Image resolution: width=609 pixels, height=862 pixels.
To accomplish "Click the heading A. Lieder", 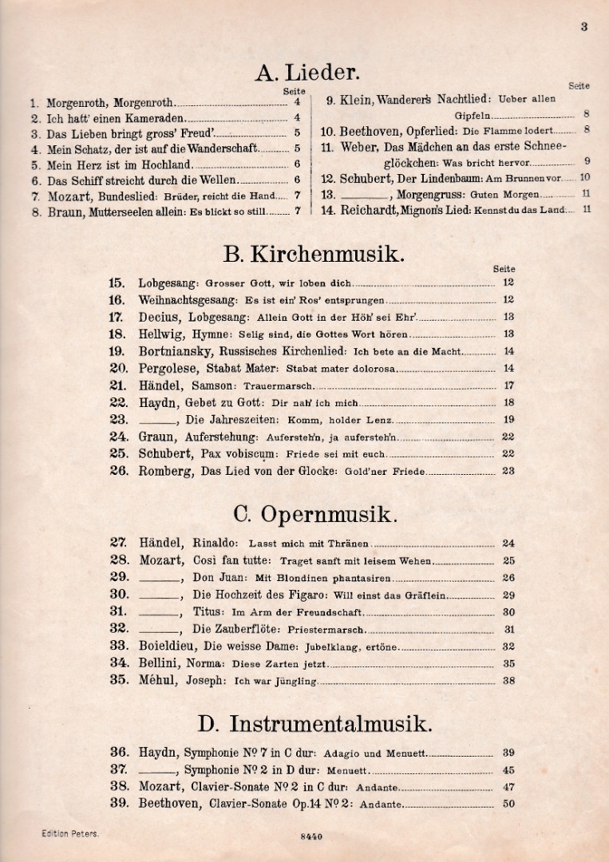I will click(x=307, y=73).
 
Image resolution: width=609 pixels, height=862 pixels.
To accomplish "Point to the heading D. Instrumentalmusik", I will click(x=314, y=723).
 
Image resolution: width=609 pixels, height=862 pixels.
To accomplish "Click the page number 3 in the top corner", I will click(x=583, y=26).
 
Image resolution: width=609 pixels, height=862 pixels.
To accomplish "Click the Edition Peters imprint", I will click(x=70, y=833).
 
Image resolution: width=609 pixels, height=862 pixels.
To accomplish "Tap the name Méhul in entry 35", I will click(x=158, y=680).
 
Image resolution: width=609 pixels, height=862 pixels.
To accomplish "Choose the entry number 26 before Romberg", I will click(x=118, y=471).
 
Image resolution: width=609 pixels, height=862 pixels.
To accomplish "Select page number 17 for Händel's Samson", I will click(x=508, y=386).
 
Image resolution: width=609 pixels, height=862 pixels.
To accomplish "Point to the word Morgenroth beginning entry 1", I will click(x=78, y=103).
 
